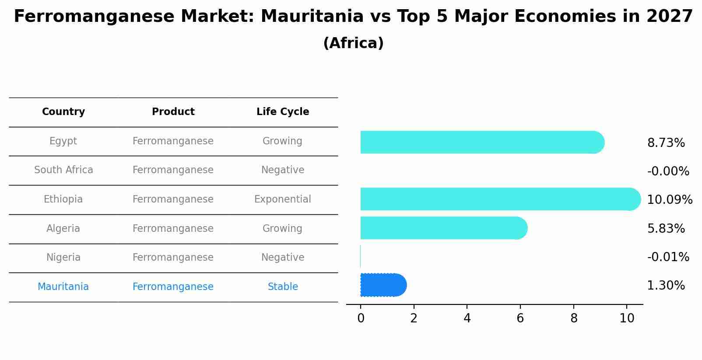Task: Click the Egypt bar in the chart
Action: [x=481, y=142]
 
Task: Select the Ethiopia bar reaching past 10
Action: [x=499, y=199]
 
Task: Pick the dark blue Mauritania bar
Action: [x=383, y=285]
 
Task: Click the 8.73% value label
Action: [x=666, y=143]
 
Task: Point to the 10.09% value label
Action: [x=669, y=200]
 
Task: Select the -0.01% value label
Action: [x=668, y=257]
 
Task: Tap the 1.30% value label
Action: [x=666, y=286]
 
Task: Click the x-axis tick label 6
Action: [x=520, y=318]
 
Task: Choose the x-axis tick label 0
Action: [x=361, y=318]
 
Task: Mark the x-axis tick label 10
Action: [x=627, y=318]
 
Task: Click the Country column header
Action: [x=63, y=112]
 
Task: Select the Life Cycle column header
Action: [x=283, y=112]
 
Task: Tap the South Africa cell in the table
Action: [x=63, y=170]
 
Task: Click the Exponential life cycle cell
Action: [x=283, y=199]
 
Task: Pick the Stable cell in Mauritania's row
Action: [x=283, y=287]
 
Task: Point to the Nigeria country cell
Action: [x=63, y=258]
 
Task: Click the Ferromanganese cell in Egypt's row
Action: [x=173, y=141]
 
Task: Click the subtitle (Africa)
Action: [x=353, y=43]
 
